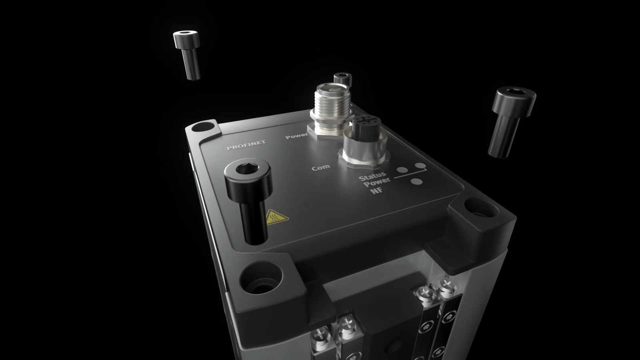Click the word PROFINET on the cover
[x=246, y=145]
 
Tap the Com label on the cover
[x=320, y=168]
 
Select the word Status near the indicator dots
[x=372, y=176]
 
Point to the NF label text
[x=377, y=190]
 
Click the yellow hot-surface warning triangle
[x=276, y=217]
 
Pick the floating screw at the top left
[x=187, y=55]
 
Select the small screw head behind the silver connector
[x=342, y=79]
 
